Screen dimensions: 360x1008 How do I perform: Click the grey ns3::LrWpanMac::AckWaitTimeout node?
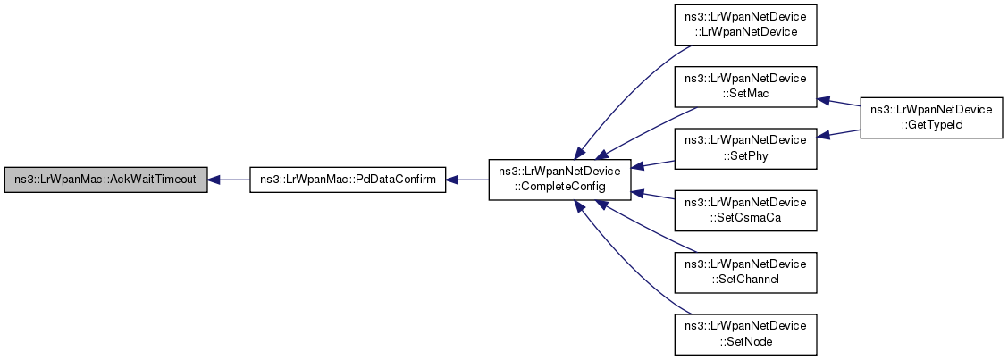105,180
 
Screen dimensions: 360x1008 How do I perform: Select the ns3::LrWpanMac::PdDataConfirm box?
346,180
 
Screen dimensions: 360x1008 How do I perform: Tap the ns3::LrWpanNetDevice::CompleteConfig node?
559,180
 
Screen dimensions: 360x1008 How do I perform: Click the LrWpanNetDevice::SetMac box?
745,86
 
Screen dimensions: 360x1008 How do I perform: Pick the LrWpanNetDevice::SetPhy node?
745,147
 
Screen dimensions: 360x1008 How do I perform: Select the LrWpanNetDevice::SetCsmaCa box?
745,210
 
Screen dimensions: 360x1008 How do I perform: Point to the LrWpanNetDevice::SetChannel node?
745,272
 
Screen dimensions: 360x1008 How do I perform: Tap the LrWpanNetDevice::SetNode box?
745,332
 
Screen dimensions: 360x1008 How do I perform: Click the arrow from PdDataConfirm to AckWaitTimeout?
228,180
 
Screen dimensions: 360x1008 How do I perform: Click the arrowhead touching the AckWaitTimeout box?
215,180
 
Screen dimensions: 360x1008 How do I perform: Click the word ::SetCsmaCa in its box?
744,217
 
